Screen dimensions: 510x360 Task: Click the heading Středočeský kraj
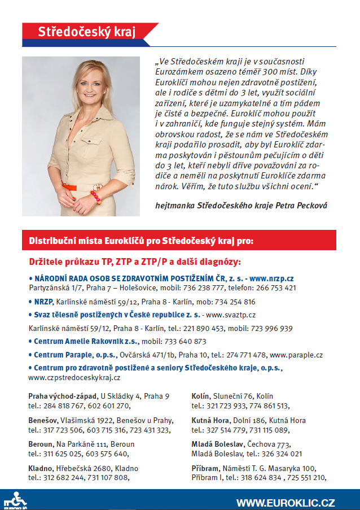pos(86,32)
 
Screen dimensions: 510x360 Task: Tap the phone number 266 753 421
pos(276,287)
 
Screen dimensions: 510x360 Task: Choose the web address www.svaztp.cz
pos(230,315)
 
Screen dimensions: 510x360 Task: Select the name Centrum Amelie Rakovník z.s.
pos(72,341)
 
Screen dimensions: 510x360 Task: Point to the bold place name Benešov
pos(41,421)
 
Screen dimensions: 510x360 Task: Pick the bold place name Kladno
pos(40,468)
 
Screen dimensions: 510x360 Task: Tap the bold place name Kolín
pos(200,396)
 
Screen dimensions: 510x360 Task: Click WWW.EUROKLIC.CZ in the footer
pos(286,502)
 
